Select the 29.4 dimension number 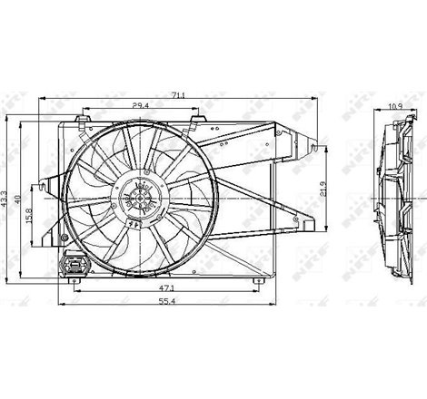pyautogui.click(x=140, y=106)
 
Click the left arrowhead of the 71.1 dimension pyautogui.click(x=43, y=97)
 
